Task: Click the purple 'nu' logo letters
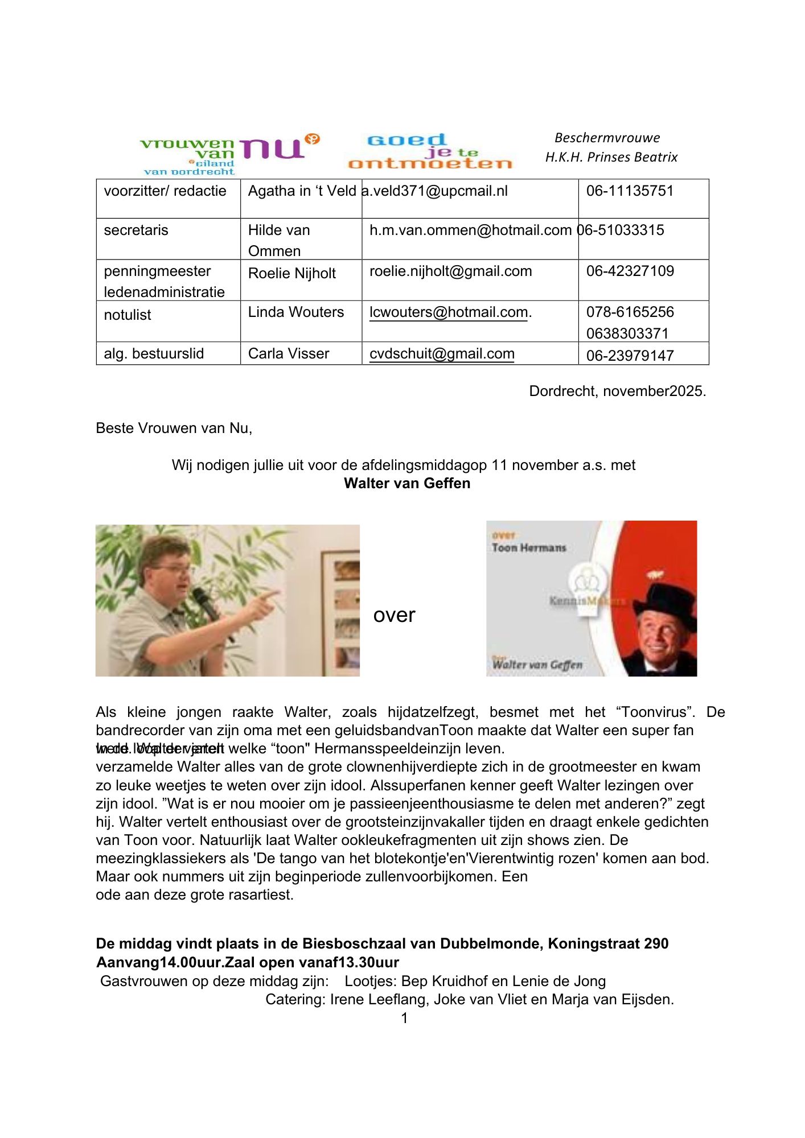tap(272, 149)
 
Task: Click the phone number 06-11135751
tap(630, 191)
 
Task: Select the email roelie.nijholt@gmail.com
tap(450, 271)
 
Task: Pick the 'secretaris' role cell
tap(136, 230)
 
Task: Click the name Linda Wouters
tap(296, 312)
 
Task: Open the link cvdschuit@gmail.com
tap(442, 354)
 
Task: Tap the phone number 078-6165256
tap(630, 312)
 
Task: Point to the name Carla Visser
tap(289, 354)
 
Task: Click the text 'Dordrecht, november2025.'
tap(617, 391)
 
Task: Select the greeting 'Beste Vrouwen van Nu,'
tap(174, 428)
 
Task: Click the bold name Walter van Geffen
tap(407, 484)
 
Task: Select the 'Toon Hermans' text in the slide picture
tap(529, 548)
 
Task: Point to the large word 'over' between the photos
tap(394, 615)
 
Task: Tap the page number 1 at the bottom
tap(404, 1018)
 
